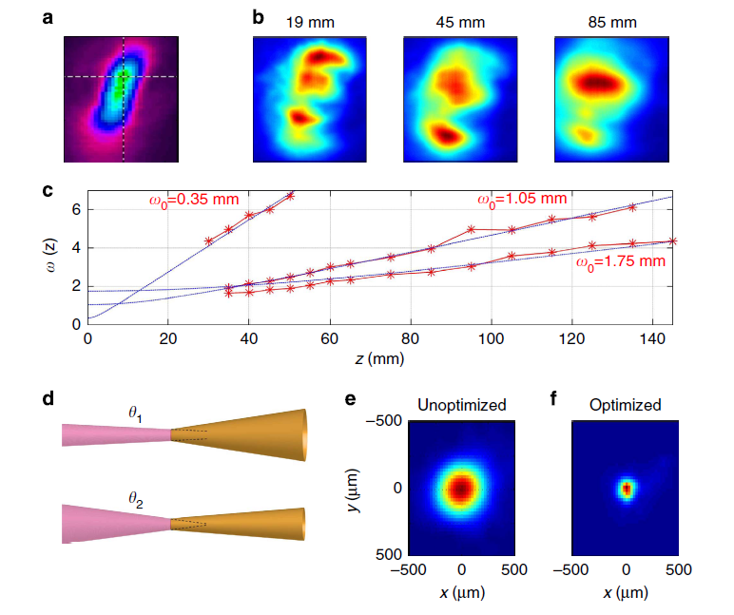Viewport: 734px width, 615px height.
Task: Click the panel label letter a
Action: click(x=48, y=15)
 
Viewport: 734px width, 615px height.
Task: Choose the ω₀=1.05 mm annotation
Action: click(x=521, y=199)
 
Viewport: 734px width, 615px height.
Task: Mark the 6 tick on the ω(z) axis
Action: click(x=74, y=209)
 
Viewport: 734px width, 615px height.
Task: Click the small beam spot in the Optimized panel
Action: click(x=626, y=490)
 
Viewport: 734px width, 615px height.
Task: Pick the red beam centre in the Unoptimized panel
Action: click(x=461, y=489)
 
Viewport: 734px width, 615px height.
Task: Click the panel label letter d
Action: click(x=48, y=397)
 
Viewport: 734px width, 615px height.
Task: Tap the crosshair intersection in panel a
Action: click(x=124, y=76)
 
